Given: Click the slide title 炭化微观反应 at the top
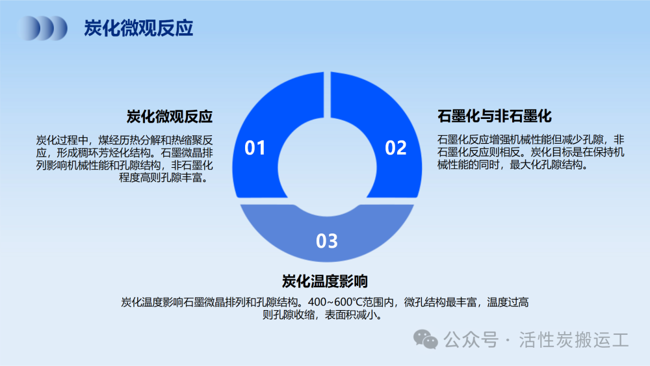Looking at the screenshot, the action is coord(138,28).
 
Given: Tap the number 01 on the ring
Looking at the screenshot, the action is coord(255,148).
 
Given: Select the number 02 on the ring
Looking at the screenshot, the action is coord(395,148).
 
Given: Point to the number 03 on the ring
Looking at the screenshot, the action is coord(327,241).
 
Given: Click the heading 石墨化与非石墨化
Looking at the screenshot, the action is coord(495,116).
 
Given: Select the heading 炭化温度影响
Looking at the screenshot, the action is coord(325,281).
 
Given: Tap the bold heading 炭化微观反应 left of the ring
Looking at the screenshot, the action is coord(170,116).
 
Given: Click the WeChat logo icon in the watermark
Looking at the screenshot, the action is coord(425,339).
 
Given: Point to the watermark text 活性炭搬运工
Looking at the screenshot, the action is coord(574,340).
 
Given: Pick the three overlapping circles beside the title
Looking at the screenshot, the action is coord(44,28).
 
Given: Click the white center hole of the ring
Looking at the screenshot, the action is coord(327,167).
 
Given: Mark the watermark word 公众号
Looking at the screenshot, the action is coord(471,340).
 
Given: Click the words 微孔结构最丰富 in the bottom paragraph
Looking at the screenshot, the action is coord(440,302).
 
